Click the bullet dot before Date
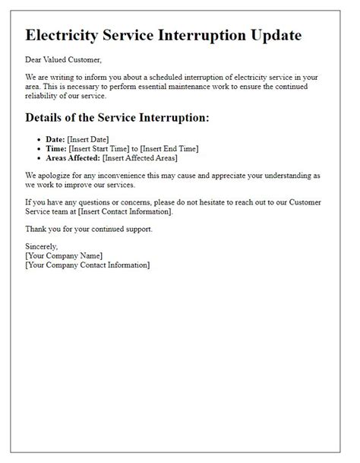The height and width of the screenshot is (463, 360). [39, 140]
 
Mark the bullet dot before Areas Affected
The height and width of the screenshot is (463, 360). [39, 158]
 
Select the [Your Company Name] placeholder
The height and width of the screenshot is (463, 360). [64, 255]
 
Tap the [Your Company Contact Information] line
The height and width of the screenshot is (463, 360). [87, 265]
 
